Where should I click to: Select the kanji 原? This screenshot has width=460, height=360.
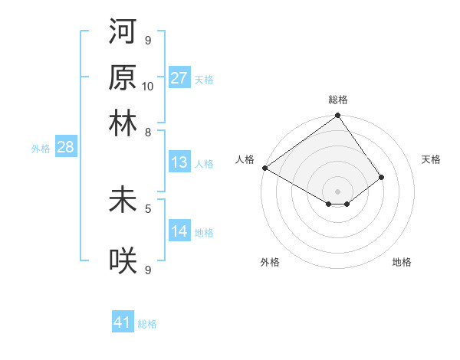pyautogui.click(x=123, y=79)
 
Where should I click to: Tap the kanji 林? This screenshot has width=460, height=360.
pyautogui.click(x=123, y=122)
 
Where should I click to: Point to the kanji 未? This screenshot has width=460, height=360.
pyautogui.click(x=123, y=201)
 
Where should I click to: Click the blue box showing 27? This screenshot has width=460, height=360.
pyautogui.click(x=179, y=78)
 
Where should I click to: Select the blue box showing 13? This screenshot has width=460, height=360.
pyautogui.click(x=179, y=162)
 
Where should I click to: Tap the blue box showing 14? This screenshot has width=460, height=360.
pyautogui.click(x=179, y=231)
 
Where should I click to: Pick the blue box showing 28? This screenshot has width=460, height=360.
pyautogui.click(x=65, y=147)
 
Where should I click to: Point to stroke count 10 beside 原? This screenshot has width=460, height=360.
pyautogui.click(x=148, y=86)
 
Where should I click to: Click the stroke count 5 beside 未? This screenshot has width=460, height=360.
pyautogui.click(x=148, y=208)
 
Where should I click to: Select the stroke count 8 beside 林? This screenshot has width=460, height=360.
pyautogui.click(x=148, y=132)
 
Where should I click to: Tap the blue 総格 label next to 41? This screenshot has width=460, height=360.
pyautogui.click(x=147, y=324)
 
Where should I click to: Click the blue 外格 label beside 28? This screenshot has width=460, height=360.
pyautogui.click(x=40, y=149)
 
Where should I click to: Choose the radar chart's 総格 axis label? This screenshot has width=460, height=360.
pyautogui.click(x=338, y=100)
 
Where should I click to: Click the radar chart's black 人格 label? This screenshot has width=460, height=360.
pyautogui.click(x=245, y=159)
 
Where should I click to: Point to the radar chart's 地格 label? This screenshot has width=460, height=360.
pyautogui.click(x=402, y=262)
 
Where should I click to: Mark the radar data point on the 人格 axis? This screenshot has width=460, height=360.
pyautogui.click(x=264, y=168)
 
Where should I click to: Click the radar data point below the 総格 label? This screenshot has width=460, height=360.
pyautogui.click(x=337, y=116)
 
